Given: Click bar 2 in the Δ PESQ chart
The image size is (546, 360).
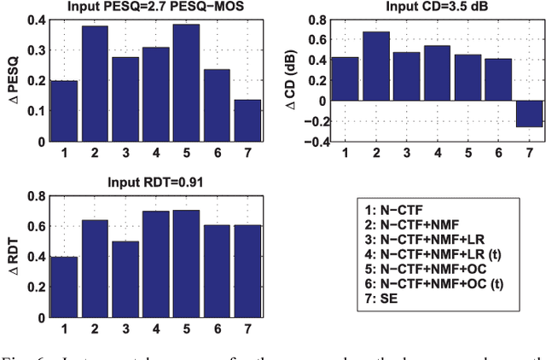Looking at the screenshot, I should [96, 82].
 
